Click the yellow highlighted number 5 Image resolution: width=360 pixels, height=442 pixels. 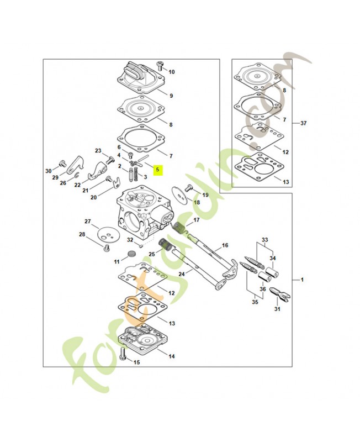point(158,170)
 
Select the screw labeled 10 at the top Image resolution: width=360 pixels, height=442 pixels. point(160,65)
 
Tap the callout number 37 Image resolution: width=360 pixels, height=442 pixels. point(303,123)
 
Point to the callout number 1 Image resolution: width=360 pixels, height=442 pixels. point(302,280)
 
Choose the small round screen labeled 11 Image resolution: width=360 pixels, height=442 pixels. point(131,254)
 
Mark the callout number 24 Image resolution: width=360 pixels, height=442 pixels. point(182,273)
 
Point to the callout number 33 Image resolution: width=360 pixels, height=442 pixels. point(265,240)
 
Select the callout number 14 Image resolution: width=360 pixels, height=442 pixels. point(172,356)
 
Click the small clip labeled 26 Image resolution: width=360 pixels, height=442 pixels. point(77,176)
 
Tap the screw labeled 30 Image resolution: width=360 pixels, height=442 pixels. point(62,163)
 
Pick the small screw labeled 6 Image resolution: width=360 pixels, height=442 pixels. point(131,155)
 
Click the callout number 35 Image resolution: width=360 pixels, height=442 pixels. point(255,302)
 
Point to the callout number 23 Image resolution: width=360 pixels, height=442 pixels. point(98,151)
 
